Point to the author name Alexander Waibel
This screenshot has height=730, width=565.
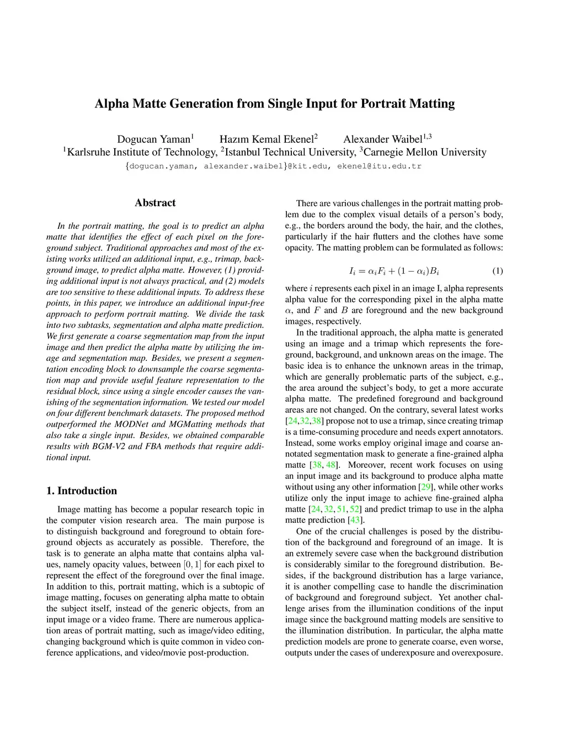coord(382,139)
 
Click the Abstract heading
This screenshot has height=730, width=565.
coord(155,203)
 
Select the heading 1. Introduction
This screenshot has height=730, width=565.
coord(82,491)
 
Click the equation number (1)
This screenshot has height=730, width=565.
coord(497,271)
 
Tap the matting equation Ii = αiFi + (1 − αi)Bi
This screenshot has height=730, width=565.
coord(394,271)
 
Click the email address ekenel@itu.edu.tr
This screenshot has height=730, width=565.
coord(379,166)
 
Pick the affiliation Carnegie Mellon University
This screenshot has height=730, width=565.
coord(425,152)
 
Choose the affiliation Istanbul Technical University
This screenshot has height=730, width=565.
coord(290,152)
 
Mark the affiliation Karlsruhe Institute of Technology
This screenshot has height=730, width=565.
coord(142,152)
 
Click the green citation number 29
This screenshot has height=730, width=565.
coord(425,487)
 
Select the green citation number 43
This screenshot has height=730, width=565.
coord(355,520)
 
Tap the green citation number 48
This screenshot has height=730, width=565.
coord(331,465)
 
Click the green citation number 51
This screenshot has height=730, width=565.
coord(342,509)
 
